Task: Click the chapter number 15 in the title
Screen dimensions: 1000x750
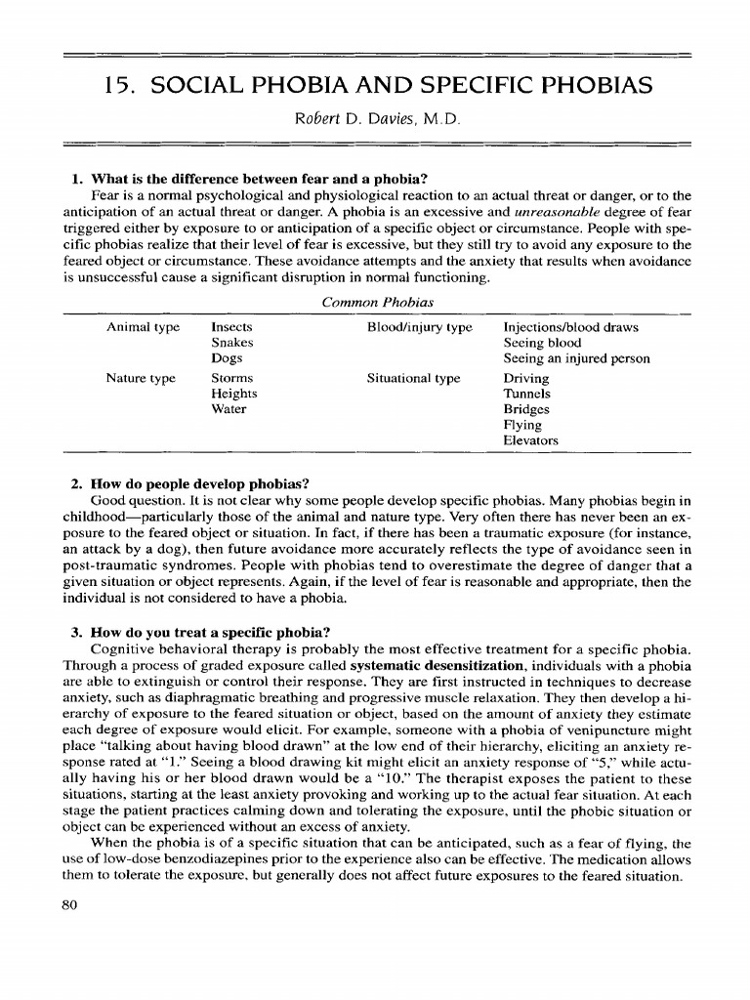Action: [x=115, y=86]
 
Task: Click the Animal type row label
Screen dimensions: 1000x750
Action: [x=144, y=327]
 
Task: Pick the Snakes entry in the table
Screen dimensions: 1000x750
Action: [x=232, y=343]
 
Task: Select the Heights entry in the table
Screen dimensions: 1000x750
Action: [x=234, y=394]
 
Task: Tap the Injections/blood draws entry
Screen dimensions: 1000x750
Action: [x=570, y=327]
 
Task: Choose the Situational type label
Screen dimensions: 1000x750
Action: [x=413, y=378]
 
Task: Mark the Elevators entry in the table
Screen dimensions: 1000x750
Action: [x=531, y=440]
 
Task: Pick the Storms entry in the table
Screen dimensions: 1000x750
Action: [x=232, y=378]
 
